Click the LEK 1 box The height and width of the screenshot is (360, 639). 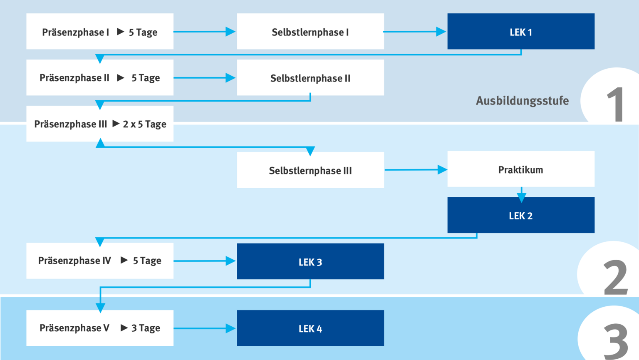pyautogui.click(x=521, y=31)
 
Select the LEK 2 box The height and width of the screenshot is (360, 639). pyautogui.click(x=521, y=215)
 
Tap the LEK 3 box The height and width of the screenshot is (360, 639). pyautogui.click(x=310, y=261)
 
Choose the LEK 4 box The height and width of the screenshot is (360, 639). pyautogui.click(x=310, y=328)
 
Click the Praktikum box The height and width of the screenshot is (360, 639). pyautogui.click(x=521, y=169)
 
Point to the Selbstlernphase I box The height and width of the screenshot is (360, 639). pyautogui.click(x=310, y=31)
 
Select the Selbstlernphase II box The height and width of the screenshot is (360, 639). pyautogui.click(x=310, y=78)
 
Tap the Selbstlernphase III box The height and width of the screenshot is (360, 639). pyautogui.click(x=310, y=170)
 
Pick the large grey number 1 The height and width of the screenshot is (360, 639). pyautogui.click(x=616, y=104)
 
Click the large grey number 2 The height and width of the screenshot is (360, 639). pyautogui.click(x=616, y=277)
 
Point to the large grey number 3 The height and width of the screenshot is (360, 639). pyautogui.click(x=616, y=341)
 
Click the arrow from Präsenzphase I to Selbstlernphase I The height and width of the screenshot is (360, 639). pyautogui.click(x=205, y=31)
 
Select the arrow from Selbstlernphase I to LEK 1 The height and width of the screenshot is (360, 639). pyautogui.click(x=415, y=31)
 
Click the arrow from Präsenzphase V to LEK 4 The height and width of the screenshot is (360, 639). pyautogui.click(x=205, y=328)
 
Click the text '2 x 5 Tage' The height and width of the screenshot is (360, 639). pyautogui.click(x=145, y=124)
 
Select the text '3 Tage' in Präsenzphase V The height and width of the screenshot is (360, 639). pyautogui.click(x=146, y=328)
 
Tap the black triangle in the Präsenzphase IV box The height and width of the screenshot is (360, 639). pyautogui.click(x=124, y=260)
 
